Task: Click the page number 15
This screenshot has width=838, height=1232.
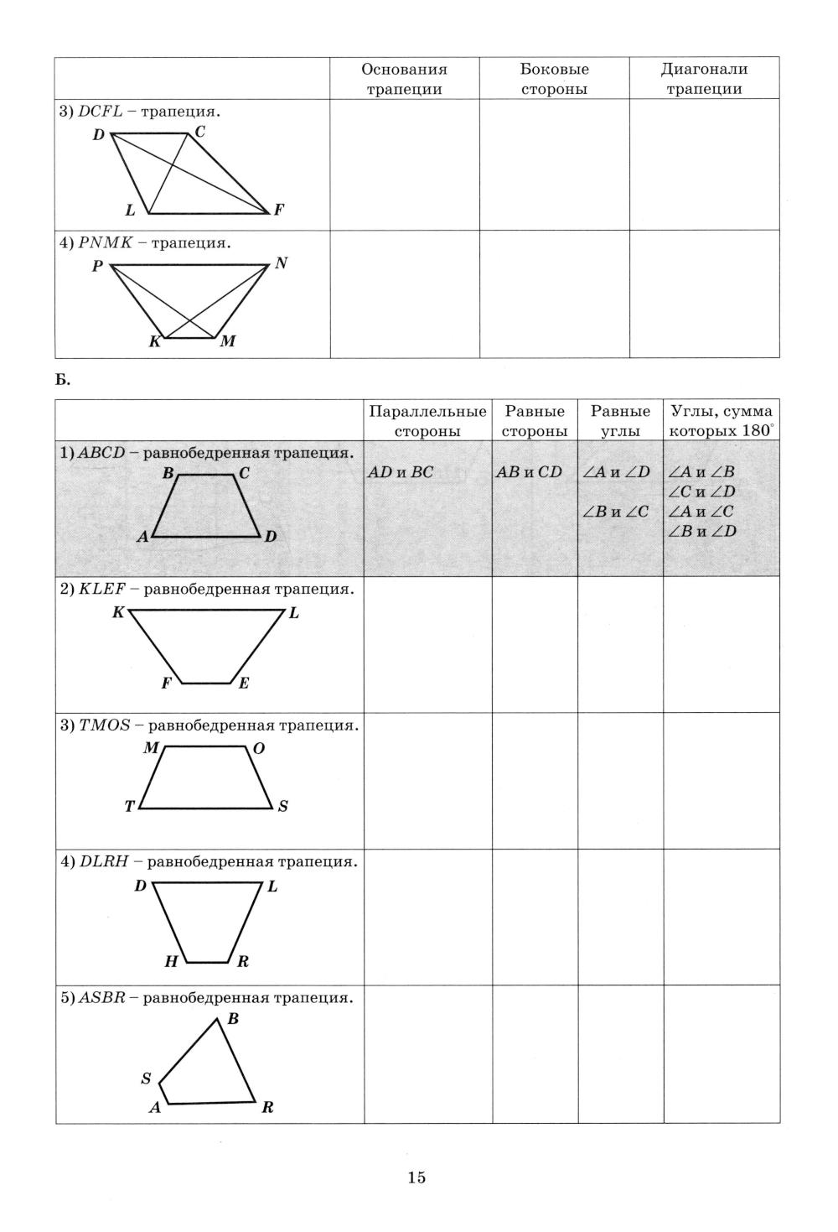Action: tap(416, 1177)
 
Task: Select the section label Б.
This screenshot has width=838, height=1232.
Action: tap(64, 380)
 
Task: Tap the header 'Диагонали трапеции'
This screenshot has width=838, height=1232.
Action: tap(704, 79)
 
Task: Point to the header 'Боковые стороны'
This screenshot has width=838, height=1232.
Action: tap(554, 79)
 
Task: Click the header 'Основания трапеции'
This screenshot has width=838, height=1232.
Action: tap(404, 79)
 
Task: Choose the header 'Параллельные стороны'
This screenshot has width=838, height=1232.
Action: tap(427, 421)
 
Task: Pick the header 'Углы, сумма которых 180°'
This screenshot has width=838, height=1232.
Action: tap(721, 421)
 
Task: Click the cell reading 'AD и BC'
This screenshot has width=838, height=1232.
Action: tap(401, 472)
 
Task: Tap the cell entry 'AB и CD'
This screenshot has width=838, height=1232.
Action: tap(529, 472)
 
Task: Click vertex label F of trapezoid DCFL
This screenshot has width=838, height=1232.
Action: tap(278, 211)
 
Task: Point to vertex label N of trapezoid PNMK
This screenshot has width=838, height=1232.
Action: tap(281, 263)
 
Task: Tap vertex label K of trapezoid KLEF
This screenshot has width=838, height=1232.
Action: tap(118, 612)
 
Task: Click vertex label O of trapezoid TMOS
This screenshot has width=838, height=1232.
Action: tap(258, 747)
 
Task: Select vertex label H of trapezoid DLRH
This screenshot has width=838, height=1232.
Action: tap(171, 962)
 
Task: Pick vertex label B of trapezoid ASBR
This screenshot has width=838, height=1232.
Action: tap(233, 1019)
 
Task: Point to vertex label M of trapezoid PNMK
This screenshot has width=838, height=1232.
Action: tap(227, 342)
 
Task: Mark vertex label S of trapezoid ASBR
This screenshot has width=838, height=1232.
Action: tap(146, 1079)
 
